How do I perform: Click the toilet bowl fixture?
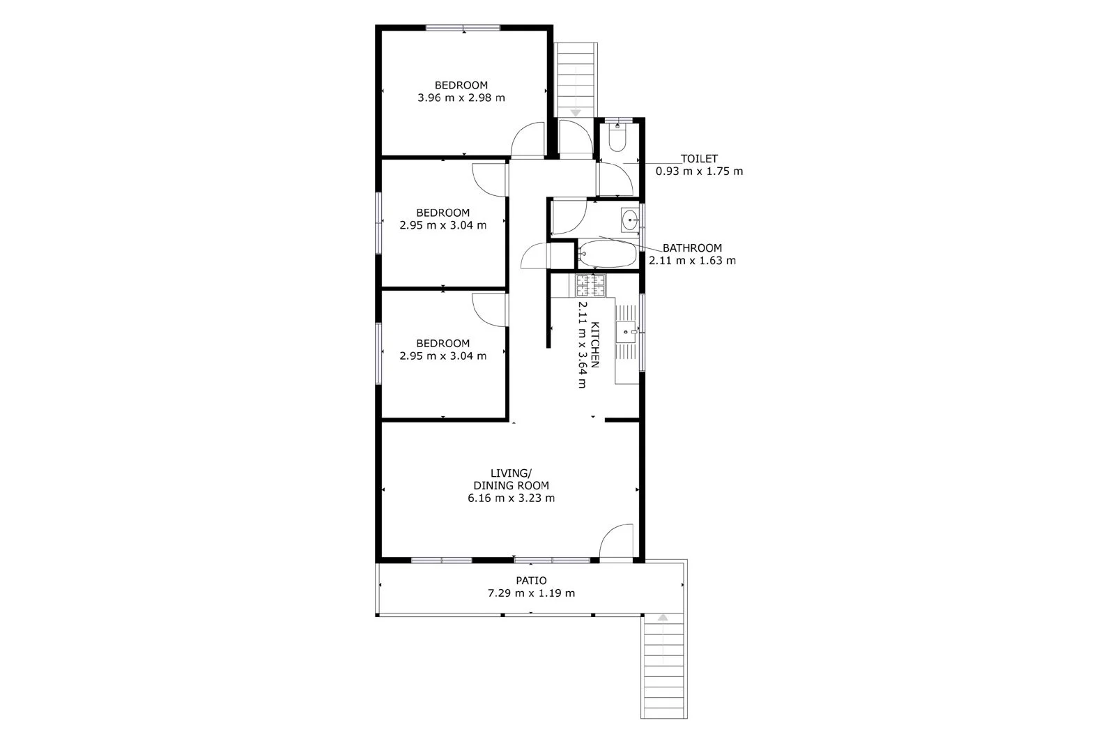coord(617,139)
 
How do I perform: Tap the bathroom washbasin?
coord(629,221)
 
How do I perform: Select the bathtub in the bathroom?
coord(608,254)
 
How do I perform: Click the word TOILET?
coord(699,159)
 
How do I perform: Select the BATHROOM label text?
coord(692,247)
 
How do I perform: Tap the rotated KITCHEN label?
coord(596,344)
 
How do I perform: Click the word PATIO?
coord(531,581)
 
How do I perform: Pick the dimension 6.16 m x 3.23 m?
coord(512,498)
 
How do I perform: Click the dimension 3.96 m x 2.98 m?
coord(461,98)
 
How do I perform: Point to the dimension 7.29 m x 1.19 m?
coord(531,593)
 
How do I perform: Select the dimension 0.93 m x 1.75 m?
coord(699,171)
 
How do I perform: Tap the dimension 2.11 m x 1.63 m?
coord(692,261)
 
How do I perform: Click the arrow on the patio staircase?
coord(663,618)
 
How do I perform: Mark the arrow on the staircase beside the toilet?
coord(576,112)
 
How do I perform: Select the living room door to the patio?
coord(617,542)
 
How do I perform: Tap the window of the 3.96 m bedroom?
coord(463,28)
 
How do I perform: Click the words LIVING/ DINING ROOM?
coord(512,480)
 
